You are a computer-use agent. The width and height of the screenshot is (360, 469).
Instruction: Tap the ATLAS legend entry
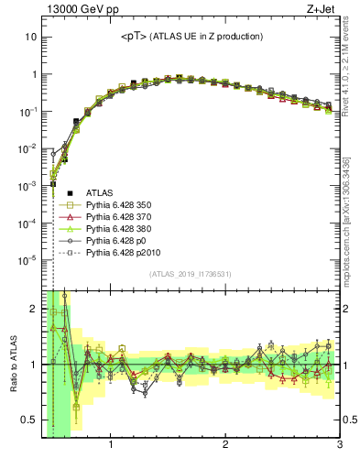click(100, 192)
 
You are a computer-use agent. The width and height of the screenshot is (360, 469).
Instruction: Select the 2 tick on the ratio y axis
click(33, 309)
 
